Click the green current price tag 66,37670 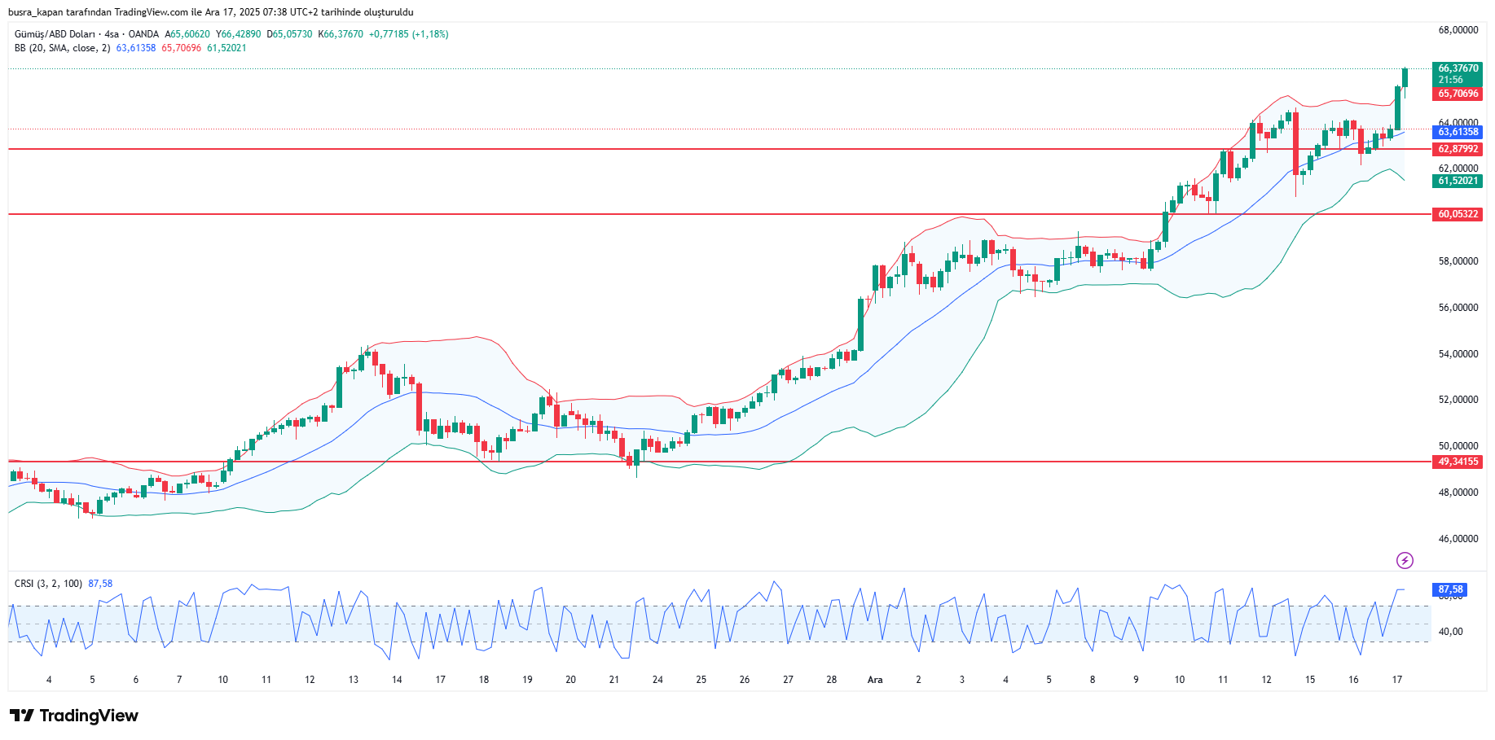[x=1457, y=69]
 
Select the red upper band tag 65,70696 [x=1457, y=94]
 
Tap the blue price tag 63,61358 [x=1457, y=132]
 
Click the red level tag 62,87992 [x=1457, y=149]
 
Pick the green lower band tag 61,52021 [x=1457, y=181]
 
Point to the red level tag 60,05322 [x=1457, y=214]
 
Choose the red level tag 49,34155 [x=1457, y=462]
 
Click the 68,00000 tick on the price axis [x=1458, y=30]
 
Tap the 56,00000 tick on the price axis [x=1458, y=308]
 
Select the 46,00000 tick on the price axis [x=1458, y=539]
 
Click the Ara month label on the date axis [x=875, y=680]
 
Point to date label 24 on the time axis [x=657, y=680]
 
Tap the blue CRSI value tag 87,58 [x=1450, y=589]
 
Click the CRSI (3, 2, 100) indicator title [x=48, y=584]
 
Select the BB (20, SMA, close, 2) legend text [x=62, y=48]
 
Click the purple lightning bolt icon [x=1405, y=560]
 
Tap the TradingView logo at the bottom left [x=74, y=716]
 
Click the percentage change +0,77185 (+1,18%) [x=408, y=34]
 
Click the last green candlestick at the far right [x=1405, y=78]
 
